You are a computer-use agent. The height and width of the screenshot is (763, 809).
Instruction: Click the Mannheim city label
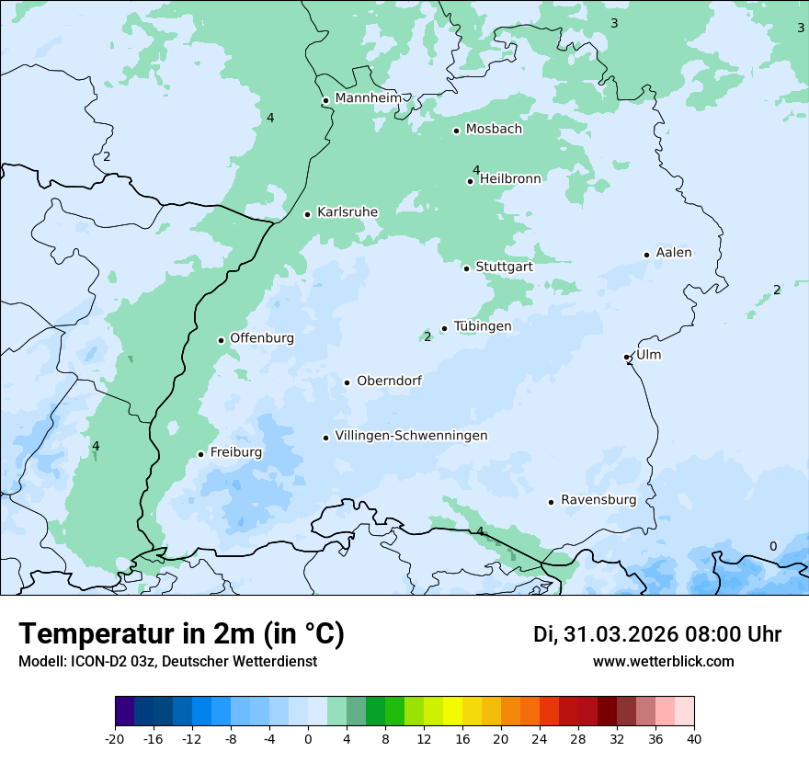click(x=368, y=98)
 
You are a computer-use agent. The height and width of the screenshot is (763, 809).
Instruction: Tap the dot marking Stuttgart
click(x=466, y=268)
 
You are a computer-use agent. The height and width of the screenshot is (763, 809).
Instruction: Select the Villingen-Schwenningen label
click(x=411, y=436)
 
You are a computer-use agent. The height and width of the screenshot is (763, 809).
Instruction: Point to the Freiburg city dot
click(x=200, y=454)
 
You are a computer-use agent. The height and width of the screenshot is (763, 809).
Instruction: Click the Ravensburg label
click(x=598, y=500)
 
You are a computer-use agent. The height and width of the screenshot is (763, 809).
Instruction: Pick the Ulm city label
click(x=648, y=355)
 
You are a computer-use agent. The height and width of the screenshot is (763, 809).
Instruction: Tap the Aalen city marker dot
click(x=646, y=255)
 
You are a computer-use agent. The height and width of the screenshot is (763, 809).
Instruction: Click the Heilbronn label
click(x=510, y=178)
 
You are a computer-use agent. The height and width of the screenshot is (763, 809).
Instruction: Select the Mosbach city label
click(x=494, y=130)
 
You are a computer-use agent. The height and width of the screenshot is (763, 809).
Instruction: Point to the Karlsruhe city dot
click(x=307, y=214)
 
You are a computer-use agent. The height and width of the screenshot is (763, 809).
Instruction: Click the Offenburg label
click(x=262, y=338)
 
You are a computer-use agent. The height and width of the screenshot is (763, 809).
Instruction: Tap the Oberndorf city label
click(x=389, y=381)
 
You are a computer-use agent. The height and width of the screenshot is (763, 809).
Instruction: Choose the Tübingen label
click(x=482, y=326)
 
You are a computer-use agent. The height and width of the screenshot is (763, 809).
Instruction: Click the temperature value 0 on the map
click(x=772, y=546)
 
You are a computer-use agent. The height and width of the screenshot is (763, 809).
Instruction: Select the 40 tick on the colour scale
click(x=693, y=738)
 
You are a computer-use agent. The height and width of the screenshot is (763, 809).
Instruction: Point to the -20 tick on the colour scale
click(x=115, y=738)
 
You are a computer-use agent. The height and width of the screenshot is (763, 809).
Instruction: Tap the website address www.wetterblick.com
click(x=663, y=661)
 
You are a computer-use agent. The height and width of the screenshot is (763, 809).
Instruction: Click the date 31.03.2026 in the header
click(x=621, y=634)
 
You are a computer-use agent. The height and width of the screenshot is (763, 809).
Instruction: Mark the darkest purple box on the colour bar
click(x=124, y=712)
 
